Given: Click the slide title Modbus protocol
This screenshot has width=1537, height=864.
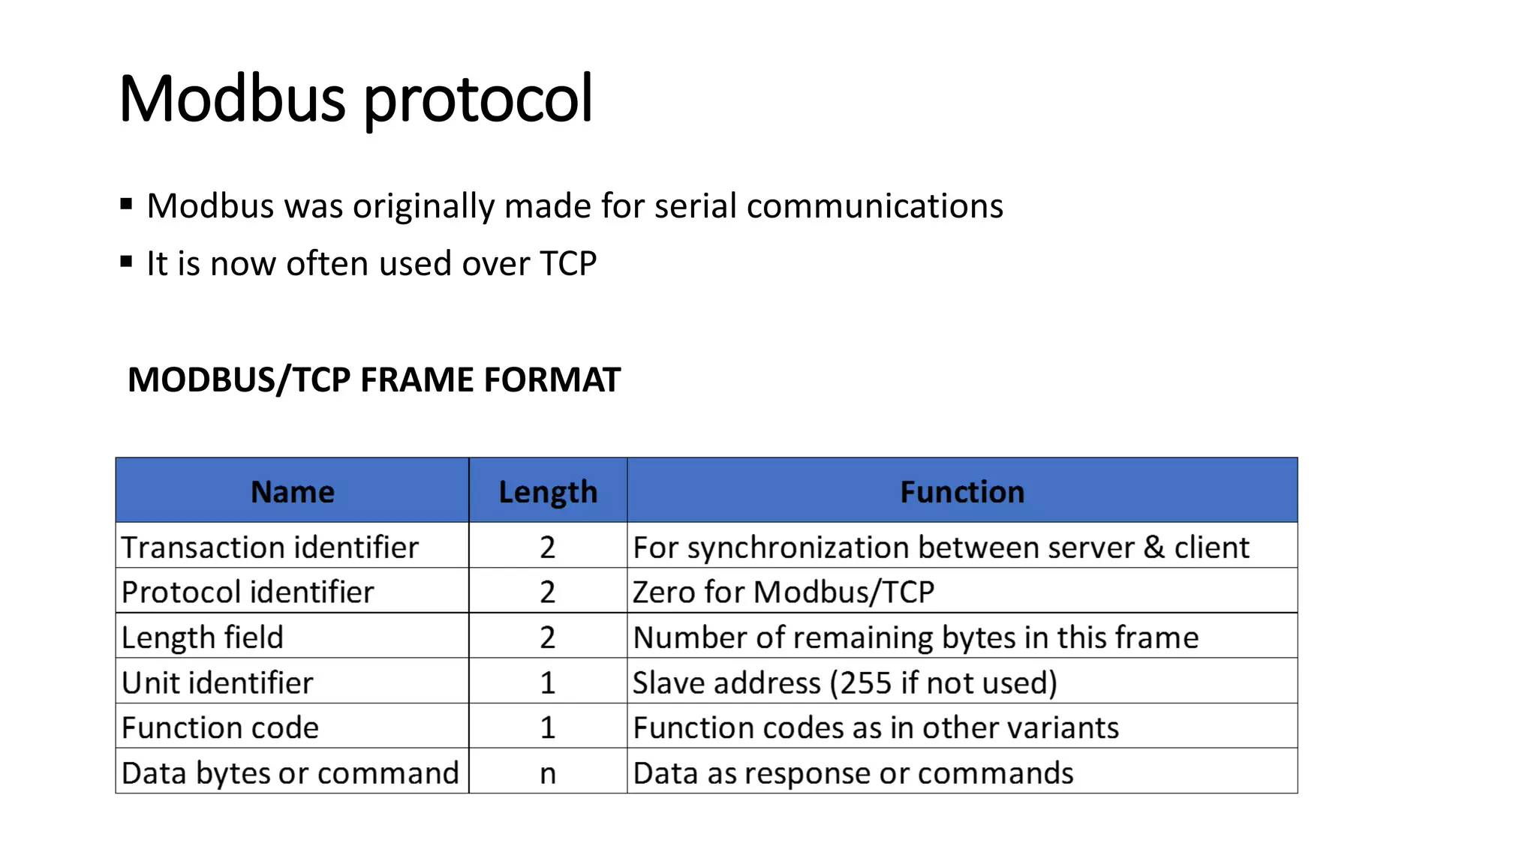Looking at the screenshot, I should coord(355,99).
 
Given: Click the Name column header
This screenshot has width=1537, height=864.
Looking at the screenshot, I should coord(292,492).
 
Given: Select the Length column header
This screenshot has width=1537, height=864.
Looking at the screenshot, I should coord(548,492).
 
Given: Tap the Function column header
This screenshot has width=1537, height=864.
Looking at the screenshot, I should coord(961,492).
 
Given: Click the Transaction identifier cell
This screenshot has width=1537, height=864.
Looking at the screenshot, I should coord(269,547).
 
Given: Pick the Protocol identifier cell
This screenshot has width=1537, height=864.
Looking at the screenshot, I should coord(247,592).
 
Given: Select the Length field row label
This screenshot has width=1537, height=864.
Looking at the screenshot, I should coord(202,637).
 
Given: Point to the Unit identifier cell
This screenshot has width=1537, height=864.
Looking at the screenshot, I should coord(217,682).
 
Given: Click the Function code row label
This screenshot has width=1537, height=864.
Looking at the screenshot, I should coord(220,727).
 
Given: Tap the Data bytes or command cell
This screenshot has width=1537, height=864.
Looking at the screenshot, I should coord(290,772).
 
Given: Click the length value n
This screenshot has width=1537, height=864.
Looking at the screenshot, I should coord(548,773).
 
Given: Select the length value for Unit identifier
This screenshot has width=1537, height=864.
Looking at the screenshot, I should coord(548,682).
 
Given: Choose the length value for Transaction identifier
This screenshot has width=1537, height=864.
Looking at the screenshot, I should coord(548,547).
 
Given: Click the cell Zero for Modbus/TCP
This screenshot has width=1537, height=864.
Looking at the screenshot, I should coord(783,592).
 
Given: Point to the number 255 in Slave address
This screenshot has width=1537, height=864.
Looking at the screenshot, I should coord(865,682).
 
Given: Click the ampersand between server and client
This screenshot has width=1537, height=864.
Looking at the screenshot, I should coord(1154,547).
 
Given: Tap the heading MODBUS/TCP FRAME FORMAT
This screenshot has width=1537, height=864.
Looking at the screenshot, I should coord(374,379).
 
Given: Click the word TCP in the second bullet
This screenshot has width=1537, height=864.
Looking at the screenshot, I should coord(568,263).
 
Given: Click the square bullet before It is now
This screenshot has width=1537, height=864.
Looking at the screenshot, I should coord(126,262).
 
